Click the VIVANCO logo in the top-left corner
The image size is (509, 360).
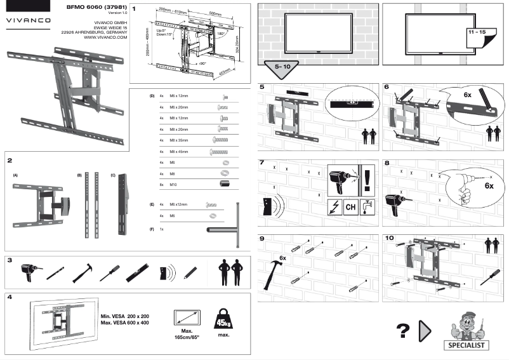click(x=29, y=19)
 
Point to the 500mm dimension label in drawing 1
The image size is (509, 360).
click(x=215, y=13)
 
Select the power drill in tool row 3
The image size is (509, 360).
click(x=29, y=271)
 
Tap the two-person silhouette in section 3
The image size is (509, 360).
click(x=230, y=272)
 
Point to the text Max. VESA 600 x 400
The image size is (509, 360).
click(x=124, y=323)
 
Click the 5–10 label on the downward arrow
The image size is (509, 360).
click(x=280, y=66)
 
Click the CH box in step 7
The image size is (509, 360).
click(x=350, y=207)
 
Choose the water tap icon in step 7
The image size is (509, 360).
click(x=367, y=207)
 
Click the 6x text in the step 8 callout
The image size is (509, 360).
click(x=489, y=186)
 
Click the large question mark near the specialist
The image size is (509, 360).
click(x=401, y=330)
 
